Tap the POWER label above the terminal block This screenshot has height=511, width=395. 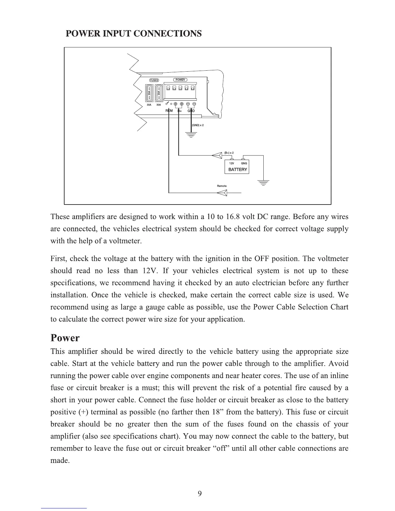180,80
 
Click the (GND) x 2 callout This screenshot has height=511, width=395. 198,125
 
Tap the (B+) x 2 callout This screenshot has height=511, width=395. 229,153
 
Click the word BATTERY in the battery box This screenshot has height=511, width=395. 238,169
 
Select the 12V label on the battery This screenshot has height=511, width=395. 231,163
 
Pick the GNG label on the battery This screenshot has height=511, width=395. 244,163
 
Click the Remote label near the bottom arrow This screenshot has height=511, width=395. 222,186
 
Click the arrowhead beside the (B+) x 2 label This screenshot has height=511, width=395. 217,155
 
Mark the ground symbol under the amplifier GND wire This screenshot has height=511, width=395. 191,135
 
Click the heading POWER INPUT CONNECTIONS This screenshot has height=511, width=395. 134,34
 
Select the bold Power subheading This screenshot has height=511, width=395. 65,338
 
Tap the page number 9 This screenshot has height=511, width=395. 200,493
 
